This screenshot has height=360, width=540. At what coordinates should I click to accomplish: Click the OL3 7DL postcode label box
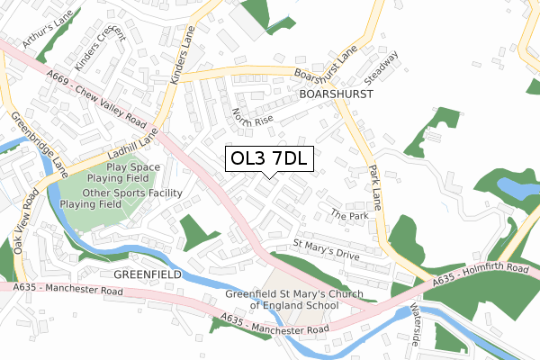point(269,158)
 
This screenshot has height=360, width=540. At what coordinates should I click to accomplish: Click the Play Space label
point(132,167)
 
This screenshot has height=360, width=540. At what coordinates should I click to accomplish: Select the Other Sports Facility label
point(133,193)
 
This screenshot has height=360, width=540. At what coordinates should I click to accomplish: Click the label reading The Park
point(348,216)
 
